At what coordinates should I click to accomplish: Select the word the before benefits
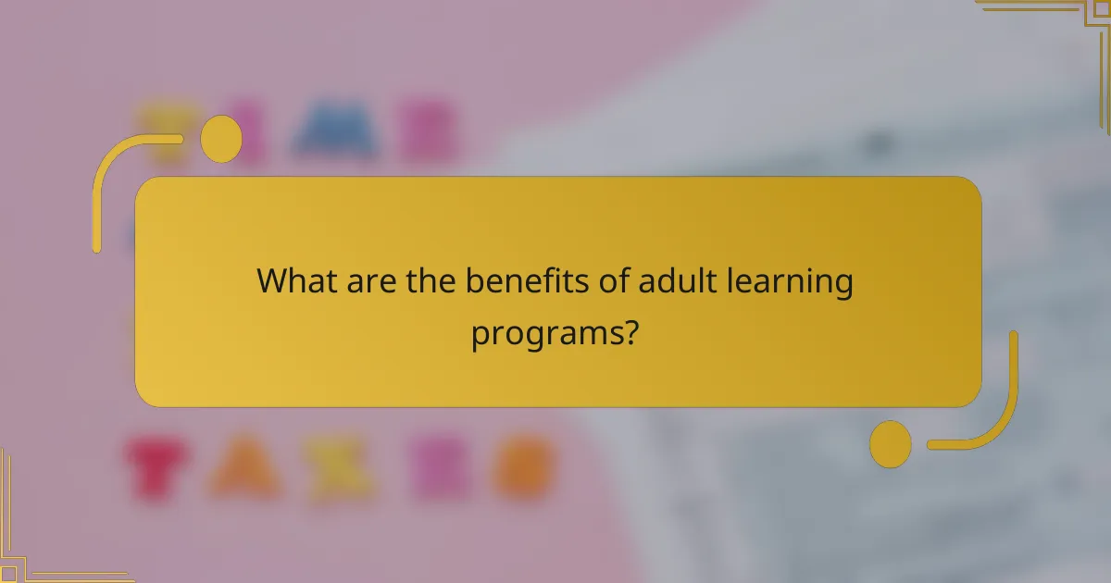431,280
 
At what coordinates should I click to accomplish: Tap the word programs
543,333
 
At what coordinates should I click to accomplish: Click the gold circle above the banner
221,139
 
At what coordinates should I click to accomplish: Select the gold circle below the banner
890,444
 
